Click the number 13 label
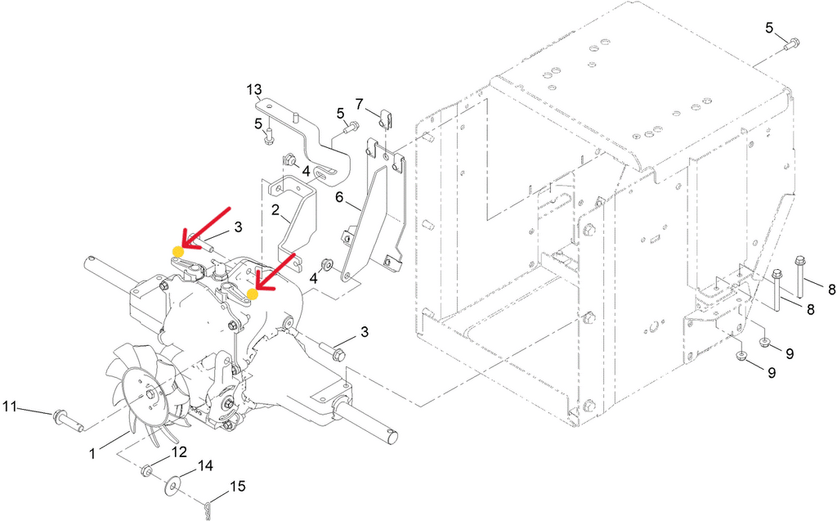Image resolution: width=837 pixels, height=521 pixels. tap(255, 88)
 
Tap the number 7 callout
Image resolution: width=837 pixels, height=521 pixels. tap(359, 102)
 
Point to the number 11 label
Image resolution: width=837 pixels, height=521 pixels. tap(10, 406)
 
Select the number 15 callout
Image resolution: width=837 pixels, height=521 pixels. tap(238, 487)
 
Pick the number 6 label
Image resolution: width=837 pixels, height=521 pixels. tap(339, 197)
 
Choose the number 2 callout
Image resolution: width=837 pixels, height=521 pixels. tap(275, 210)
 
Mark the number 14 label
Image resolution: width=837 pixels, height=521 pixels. tap(205, 466)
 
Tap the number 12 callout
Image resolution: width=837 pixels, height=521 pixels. tap(179, 452)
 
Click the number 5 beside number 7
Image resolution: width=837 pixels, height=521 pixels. tap(341, 114)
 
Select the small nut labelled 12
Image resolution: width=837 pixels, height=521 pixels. tap(145, 471)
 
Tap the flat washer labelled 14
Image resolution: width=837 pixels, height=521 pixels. tap(172, 487)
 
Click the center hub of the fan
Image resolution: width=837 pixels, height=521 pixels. tap(150, 394)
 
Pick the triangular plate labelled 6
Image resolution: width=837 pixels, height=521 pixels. tap(374, 213)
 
